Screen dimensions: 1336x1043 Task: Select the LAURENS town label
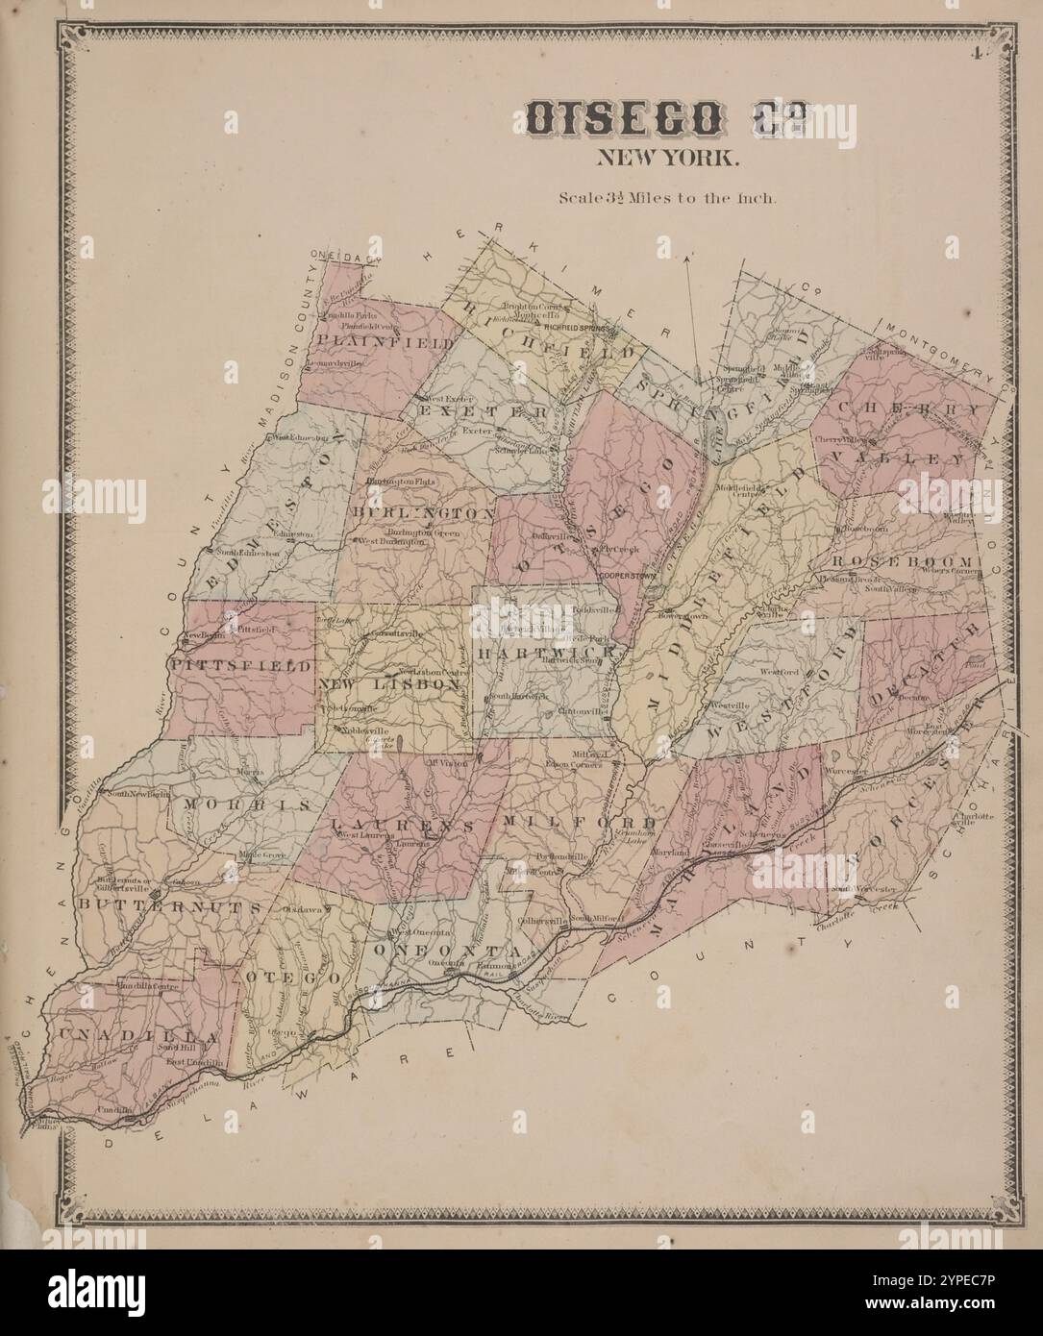pos(404,826)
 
